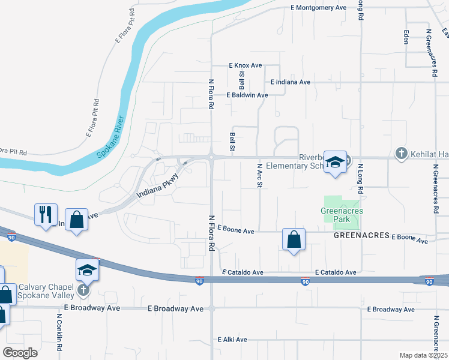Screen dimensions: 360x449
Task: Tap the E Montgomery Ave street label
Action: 318,8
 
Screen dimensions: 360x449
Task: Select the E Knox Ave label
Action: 246,65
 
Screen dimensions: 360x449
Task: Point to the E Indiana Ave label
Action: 290,82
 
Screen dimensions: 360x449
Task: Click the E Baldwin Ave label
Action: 247,95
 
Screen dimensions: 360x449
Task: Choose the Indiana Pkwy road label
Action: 158,186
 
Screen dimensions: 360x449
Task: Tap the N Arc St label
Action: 260,176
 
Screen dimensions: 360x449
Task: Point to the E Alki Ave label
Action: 233,340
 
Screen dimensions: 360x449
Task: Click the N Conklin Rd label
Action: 60,332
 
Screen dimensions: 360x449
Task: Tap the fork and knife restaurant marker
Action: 46,214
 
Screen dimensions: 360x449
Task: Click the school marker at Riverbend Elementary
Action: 336,161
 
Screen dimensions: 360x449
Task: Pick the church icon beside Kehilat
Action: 402,154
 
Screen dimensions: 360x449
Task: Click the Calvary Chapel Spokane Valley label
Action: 45,290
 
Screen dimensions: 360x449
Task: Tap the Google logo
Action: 20,352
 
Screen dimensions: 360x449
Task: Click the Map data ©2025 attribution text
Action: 422,355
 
